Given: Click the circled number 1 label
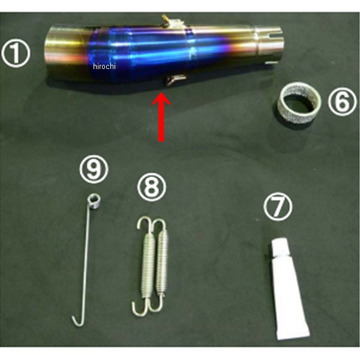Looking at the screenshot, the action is [x=16, y=53].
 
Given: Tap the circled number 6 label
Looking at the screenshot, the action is [x=342, y=101].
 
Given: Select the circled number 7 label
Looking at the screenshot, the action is [x=278, y=206].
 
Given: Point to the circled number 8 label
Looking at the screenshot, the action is [x=152, y=187].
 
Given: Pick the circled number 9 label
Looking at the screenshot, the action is [x=94, y=169].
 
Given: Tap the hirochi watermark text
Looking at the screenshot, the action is [x=104, y=67].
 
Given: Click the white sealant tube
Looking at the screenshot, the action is [x=289, y=289].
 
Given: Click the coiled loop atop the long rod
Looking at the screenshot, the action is [x=94, y=202].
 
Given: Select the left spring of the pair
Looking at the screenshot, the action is [x=146, y=266].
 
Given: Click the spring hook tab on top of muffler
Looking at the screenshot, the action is [x=172, y=21].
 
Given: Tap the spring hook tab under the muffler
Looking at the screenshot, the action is [x=176, y=79].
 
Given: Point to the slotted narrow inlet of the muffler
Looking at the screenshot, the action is [x=269, y=43].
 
